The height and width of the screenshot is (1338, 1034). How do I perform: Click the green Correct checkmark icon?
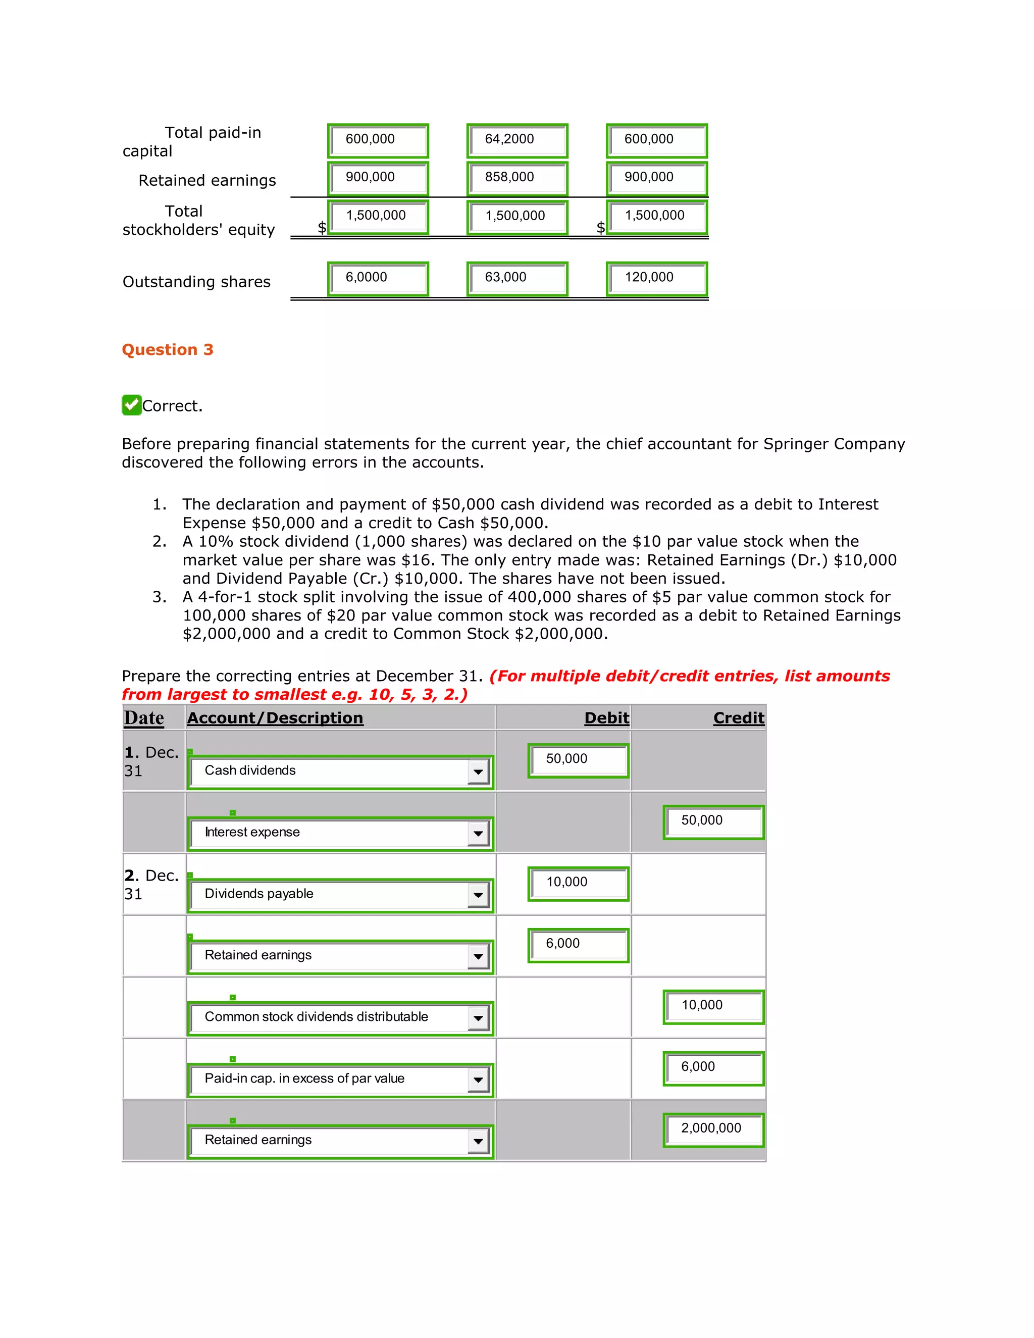click(x=131, y=405)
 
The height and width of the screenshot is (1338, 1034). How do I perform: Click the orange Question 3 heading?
click(x=167, y=349)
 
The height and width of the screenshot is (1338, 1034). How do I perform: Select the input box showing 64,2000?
click(x=517, y=140)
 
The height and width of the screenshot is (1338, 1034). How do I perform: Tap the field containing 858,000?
click(x=517, y=178)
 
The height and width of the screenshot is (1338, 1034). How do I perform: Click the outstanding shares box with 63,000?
click(x=517, y=279)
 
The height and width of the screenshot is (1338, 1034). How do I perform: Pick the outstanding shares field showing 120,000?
click(x=657, y=279)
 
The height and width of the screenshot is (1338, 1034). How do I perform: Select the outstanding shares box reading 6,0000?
click(x=378, y=279)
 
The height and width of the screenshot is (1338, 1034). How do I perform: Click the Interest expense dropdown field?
click(x=340, y=833)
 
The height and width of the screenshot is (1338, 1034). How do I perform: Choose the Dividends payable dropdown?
click(x=340, y=895)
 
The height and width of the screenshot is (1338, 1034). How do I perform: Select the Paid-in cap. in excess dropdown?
click(x=340, y=1079)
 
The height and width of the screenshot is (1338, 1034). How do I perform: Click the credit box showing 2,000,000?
click(x=713, y=1129)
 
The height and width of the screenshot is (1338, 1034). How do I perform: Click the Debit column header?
click(x=606, y=718)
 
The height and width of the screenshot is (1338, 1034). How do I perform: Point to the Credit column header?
click(x=738, y=718)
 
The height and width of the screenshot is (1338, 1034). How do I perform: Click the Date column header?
click(x=144, y=718)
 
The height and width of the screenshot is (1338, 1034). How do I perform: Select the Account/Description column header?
click(x=275, y=718)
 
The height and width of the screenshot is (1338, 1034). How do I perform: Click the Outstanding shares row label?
click(x=196, y=282)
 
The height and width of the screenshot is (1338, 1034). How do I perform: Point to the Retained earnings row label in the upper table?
click(x=207, y=180)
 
